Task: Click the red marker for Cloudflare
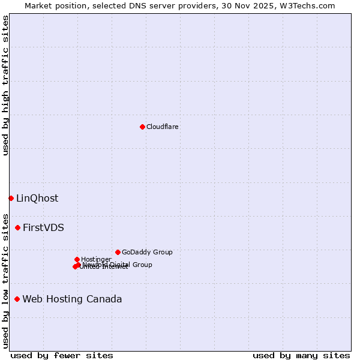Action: (x=142, y=127)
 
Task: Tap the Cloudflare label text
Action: (x=163, y=127)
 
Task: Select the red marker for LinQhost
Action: (x=11, y=198)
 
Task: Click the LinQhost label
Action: (x=37, y=199)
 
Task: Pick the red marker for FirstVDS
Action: (x=18, y=227)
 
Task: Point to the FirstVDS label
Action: (x=43, y=228)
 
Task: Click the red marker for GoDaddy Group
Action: (x=118, y=252)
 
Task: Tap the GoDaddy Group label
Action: (x=147, y=253)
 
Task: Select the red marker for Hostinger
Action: (x=77, y=259)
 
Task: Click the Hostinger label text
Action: (x=96, y=259)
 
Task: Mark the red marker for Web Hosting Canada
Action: (x=17, y=299)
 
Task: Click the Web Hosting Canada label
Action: (x=72, y=299)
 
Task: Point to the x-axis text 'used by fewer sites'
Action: (x=62, y=355)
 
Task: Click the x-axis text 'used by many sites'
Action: (x=301, y=355)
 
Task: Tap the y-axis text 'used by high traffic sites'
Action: (x=6, y=85)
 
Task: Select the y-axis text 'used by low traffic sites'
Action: (x=6, y=281)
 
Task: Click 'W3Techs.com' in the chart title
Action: (x=310, y=6)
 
